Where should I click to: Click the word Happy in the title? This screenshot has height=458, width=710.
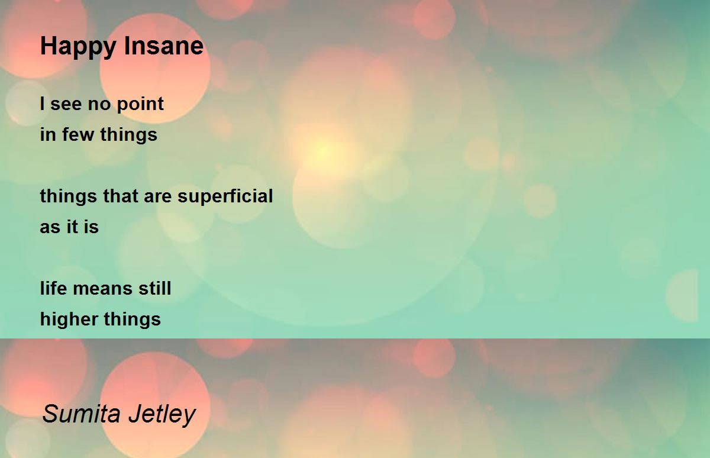tap(78, 47)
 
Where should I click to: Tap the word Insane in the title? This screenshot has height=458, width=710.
tap(163, 46)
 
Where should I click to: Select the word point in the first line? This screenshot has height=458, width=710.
tap(140, 105)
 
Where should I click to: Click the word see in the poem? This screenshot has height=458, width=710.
tap(66, 105)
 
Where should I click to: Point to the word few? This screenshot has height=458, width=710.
tap(78, 134)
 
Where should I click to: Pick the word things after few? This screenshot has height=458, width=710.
tap(129, 135)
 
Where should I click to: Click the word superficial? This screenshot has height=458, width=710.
tap(225, 196)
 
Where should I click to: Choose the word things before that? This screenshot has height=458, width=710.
tap(69, 196)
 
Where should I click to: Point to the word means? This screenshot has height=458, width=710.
tap(102, 289)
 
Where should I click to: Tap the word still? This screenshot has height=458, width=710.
tap(154, 288)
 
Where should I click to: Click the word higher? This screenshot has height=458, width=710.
tap(69, 319)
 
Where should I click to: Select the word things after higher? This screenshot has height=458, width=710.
tap(132, 320)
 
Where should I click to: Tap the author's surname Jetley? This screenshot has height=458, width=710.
tap(162, 415)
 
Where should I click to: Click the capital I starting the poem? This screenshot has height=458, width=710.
tap(42, 104)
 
